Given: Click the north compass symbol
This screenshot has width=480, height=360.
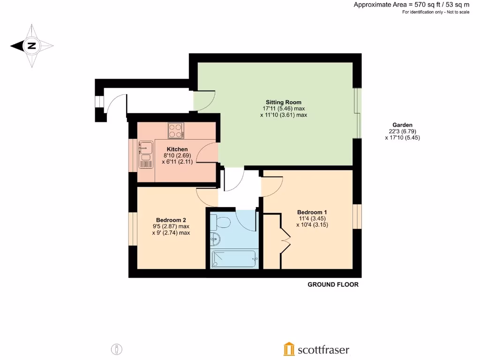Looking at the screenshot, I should tap(32, 46).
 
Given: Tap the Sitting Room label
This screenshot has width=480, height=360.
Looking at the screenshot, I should tap(284, 102).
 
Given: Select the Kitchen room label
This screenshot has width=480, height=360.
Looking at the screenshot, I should tap(177, 150).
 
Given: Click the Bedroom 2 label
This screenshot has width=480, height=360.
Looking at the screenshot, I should tap(171, 220).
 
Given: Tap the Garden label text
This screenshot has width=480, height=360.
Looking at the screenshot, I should tap(403, 125).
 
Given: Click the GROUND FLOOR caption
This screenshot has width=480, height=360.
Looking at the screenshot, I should tap(333, 285).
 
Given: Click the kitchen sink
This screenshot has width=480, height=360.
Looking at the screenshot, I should tap(146, 148).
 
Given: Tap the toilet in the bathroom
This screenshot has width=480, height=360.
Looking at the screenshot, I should tap(220, 221).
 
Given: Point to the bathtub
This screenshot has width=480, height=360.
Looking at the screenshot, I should tap(233, 259).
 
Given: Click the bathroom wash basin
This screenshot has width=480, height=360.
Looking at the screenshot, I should tap(215, 239).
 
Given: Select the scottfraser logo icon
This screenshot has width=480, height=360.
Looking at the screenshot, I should tap(289, 349).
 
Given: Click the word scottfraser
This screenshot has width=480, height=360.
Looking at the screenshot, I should tap(323, 350).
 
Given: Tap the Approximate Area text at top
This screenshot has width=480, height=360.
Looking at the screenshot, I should tap(411, 5).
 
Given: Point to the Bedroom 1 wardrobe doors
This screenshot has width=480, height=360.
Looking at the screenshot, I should tap(284, 240).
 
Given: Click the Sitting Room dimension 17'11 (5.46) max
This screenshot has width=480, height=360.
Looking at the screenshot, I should tap(284, 108).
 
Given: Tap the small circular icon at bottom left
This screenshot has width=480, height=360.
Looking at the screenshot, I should tap(116, 349).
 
